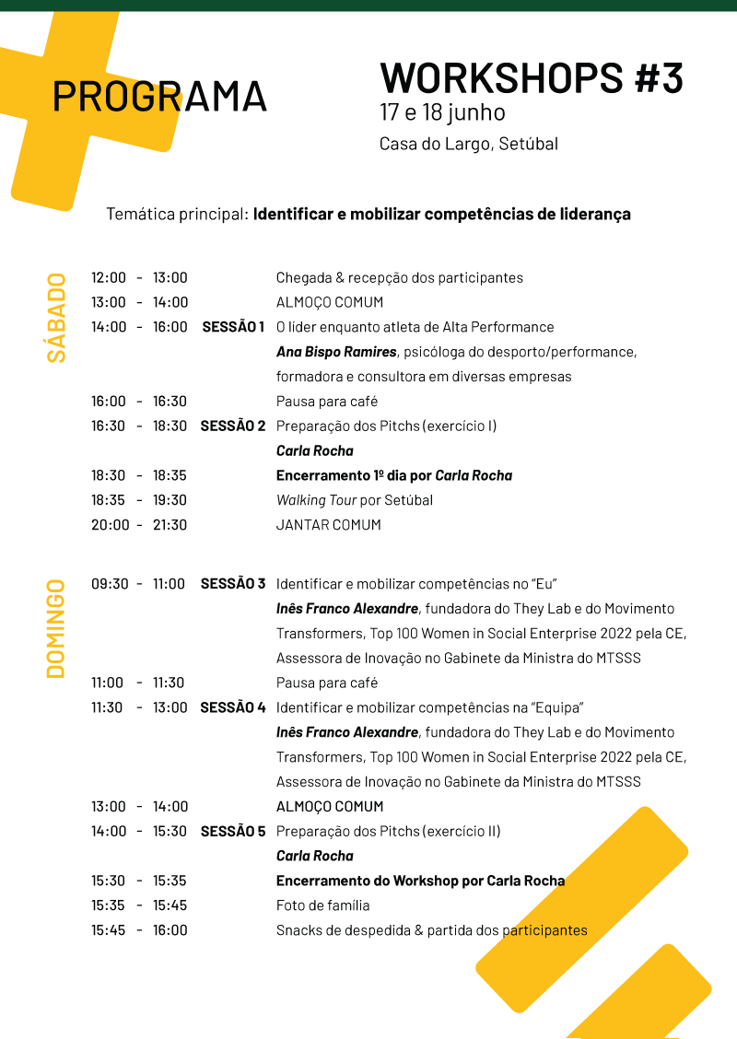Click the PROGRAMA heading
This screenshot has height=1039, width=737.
point(159,96)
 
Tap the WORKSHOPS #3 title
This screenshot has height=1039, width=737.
point(532,78)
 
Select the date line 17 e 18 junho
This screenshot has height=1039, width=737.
point(442,113)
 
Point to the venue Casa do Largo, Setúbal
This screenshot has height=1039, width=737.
point(468,144)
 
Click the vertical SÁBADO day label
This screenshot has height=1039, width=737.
point(56,318)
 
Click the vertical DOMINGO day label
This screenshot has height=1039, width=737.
point(56,628)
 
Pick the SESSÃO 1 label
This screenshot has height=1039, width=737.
point(233,327)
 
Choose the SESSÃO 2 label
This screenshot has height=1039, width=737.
point(233,426)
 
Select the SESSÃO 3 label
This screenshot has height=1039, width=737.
point(233,583)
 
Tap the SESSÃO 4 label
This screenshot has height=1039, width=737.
point(233,707)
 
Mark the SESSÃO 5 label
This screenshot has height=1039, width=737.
point(233,831)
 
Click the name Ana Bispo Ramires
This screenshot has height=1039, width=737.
point(336,352)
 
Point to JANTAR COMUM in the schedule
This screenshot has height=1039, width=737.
point(328,525)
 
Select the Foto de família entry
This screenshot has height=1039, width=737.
point(322,905)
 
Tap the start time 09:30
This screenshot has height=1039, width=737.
point(110,584)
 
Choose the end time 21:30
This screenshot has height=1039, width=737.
point(170,525)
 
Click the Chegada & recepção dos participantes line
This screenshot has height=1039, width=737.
point(399,277)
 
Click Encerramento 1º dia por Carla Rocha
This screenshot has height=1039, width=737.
point(393,475)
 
